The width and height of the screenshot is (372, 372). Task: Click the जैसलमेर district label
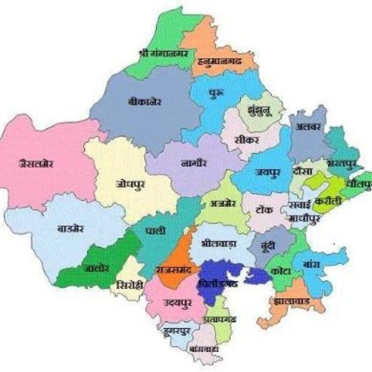36,163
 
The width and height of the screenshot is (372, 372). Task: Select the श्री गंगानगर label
164,52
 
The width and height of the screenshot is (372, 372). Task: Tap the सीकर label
244,139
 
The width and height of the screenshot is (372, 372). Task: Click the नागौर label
194,163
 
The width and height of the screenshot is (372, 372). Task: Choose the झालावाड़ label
290,302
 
